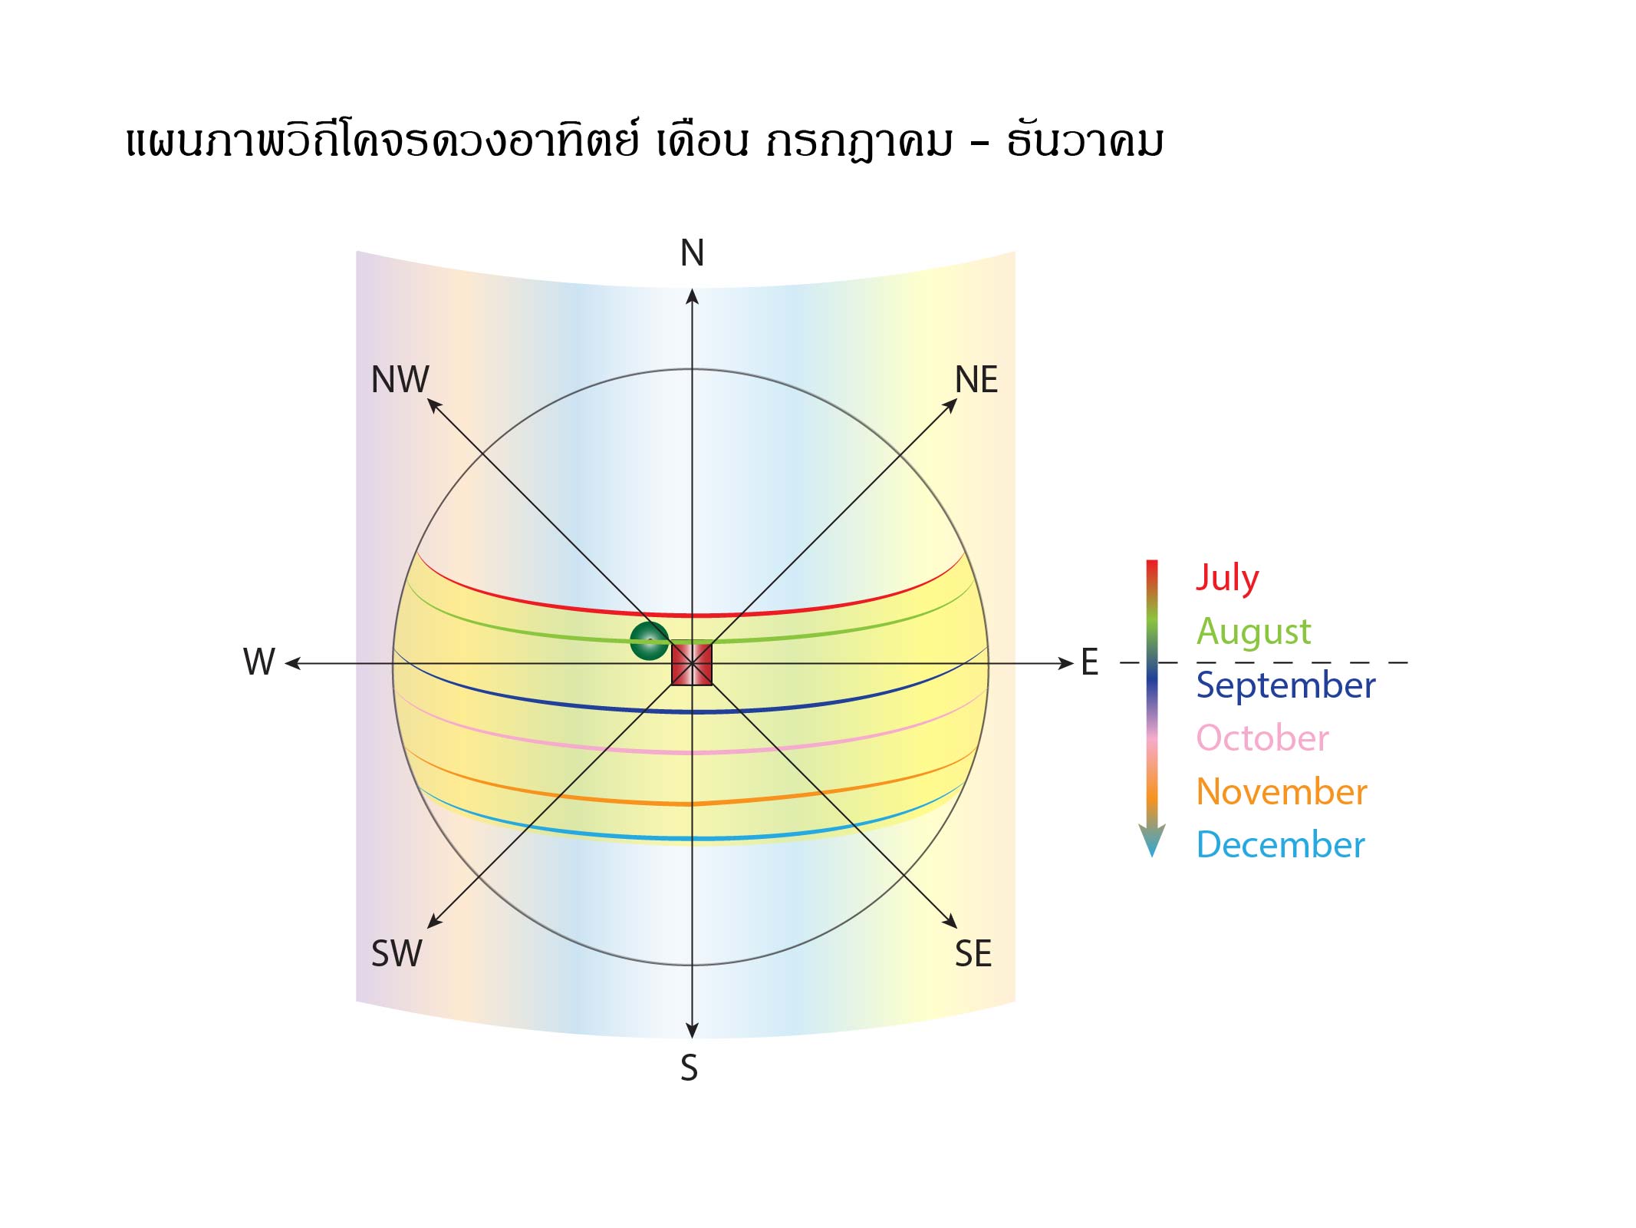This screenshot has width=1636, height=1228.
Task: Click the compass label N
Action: pos(692,253)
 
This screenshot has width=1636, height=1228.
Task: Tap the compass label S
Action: pos(690,1068)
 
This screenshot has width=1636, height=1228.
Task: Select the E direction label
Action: pos(1090,662)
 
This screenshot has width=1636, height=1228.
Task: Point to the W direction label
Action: pos(259,662)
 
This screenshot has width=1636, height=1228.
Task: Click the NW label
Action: pos(400,379)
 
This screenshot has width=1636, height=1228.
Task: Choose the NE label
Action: pos(976,379)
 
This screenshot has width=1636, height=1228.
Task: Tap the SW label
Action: pos(397,953)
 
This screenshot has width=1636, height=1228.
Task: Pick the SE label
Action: pos(973,953)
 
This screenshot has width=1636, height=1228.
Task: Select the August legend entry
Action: pos(1254,632)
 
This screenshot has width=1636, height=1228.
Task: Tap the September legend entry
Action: pos(1286,685)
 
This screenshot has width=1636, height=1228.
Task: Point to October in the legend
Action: pos(1262,738)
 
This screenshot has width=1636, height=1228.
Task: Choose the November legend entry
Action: pos(1282,792)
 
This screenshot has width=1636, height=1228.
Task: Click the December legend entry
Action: pos(1281,845)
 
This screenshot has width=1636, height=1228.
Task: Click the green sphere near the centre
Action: pos(649,641)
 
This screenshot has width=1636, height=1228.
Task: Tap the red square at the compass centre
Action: pos(692,664)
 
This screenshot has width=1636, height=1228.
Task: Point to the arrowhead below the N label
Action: pos(692,296)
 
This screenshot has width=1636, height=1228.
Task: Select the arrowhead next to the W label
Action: pos(293,663)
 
